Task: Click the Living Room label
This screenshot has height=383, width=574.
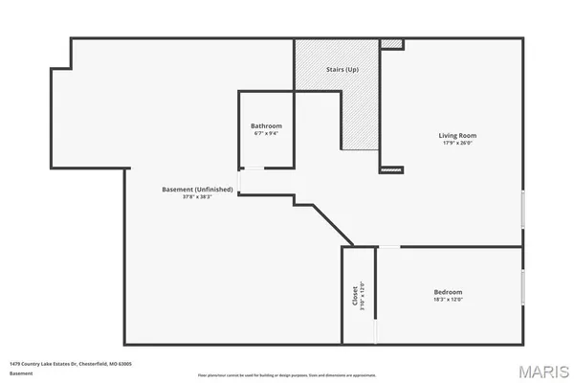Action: pos(456,135)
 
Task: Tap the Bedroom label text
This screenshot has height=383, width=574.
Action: pos(448,292)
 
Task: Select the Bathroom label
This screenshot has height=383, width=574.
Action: pos(266,125)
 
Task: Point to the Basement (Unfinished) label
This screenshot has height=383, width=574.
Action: pos(198,190)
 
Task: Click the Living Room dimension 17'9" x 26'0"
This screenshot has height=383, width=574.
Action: pos(456,144)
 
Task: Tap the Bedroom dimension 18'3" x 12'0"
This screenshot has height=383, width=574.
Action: pos(448,300)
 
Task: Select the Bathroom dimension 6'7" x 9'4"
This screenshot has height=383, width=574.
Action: pos(266,133)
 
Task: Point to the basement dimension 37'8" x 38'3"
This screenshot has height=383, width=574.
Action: pos(198,198)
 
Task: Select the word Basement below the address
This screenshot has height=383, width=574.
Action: pos(20,373)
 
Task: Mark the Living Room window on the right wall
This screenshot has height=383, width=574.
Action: pos(522,208)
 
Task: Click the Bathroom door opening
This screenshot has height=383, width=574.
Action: pos(239,180)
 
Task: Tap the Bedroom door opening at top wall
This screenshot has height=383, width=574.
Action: pos(389,247)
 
